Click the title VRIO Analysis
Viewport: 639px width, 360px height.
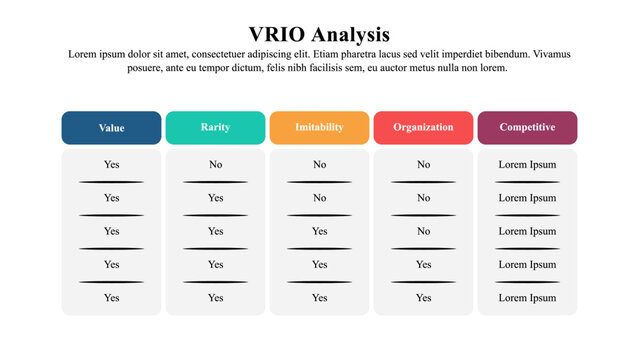(x=319, y=35)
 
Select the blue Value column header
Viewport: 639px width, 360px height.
(x=111, y=128)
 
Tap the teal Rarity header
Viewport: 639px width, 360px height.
(x=215, y=127)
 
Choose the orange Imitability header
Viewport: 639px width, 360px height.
(x=319, y=127)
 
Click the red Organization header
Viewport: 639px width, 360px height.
(x=423, y=127)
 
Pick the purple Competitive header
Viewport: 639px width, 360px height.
(x=527, y=127)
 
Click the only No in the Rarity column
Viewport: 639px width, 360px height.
(x=215, y=164)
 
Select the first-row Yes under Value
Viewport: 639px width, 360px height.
(x=111, y=164)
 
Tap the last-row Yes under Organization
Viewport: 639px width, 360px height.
(x=423, y=297)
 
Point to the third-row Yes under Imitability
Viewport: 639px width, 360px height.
(x=319, y=231)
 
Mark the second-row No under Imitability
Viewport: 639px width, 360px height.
(x=319, y=198)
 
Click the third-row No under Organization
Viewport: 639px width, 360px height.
(x=423, y=231)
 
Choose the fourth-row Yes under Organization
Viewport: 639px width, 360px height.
(x=423, y=264)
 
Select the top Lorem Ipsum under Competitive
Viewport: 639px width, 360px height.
(x=527, y=164)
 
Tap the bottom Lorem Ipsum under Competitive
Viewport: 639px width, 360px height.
(x=527, y=297)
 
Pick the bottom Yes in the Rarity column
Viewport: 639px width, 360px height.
(x=215, y=297)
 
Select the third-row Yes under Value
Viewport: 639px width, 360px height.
(x=111, y=231)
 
